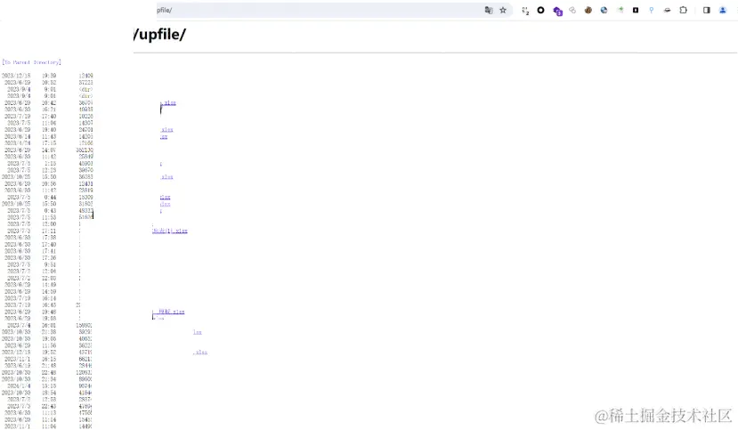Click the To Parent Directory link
tap(31, 62)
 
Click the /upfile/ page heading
tap(159, 35)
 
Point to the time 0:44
tap(51, 197)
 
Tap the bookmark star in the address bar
tap(503, 10)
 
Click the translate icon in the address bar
tap(488, 10)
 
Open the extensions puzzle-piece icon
tap(684, 10)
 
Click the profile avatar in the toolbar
tap(723, 10)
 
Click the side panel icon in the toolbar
tap(706, 10)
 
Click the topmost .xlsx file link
tap(168, 103)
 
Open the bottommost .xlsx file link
tap(200, 353)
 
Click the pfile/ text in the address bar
tap(164, 10)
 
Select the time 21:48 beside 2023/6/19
tap(49, 365)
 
